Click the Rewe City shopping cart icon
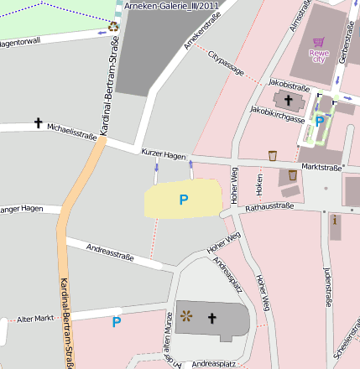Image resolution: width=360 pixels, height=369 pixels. (x=318, y=42)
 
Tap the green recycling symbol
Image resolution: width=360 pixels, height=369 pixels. (x=113, y=27)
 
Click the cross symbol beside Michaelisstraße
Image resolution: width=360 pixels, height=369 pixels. (x=38, y=123)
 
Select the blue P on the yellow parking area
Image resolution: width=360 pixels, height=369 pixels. (x=184, y=200)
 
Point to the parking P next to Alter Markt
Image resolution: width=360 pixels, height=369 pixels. (x=117, y=320)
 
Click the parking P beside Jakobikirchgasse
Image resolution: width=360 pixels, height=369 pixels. (x=319, y=122)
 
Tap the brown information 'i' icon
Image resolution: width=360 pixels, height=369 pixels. (x=335, y=221)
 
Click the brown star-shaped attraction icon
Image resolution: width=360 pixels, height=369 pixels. (x=186, y=316)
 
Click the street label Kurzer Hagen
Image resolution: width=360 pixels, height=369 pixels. (x=163, y=156)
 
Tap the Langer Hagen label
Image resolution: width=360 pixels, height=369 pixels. (x=20, y=209)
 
